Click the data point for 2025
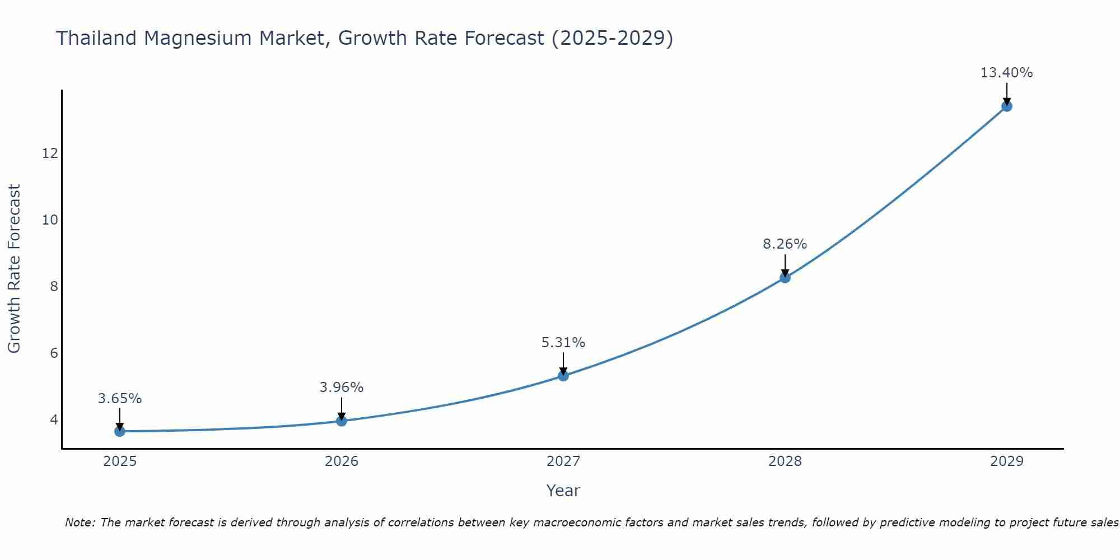pyautogui.click(x=120, y=431)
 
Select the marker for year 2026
pyautogui.click(x=342, y=421)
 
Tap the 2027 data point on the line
pyautogui.click(x=563, y=376)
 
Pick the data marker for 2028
pyautogui.click(x=785, y=277)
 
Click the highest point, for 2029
pyautogui.click(x=1006, y=106)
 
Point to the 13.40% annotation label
pyautogui.click(x=1006, y=73)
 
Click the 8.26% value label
pyautogui.click(x=785, y=244)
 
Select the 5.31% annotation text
pyautogui.click(x=563, y=343)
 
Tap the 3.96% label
pyautogui.click(x=342, y=388)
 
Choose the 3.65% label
pyautogui.click(x=120, y=399)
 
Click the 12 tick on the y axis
pyautogui.click(x=50, y=153)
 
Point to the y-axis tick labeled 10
pyautogui.click(x=50, y=220)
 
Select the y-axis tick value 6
pyautogui.click(x=54, y=353)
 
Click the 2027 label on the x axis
pyautogui.click(x=563, y=461)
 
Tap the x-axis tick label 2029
pyautogui.click(x=1006, y=461)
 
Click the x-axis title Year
pyautogui.click(x=563, y=491)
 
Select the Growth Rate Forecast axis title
pyautogui.click(x=14, y=269)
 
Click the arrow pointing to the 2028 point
pyautogui.click(x=785, y=264)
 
